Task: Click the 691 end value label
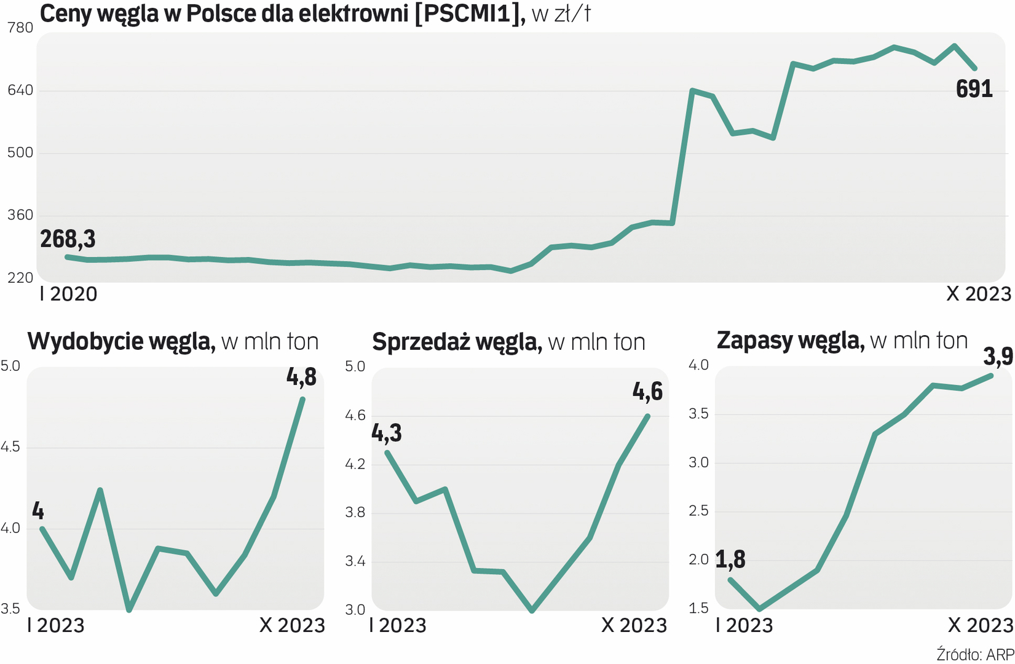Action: [974, 90]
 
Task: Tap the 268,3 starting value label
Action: [68, 239]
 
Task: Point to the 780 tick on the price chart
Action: [20, 28]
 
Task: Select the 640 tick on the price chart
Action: [20, 91]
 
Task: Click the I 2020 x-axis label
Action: [68, 294]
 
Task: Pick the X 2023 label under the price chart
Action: [978, 294]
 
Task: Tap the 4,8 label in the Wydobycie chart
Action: [301, 377]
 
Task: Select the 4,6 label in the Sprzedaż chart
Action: [647, 392]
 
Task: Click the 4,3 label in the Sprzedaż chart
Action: [387, 433]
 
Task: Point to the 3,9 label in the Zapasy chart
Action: [997, 356]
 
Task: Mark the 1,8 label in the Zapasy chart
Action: [730, 559]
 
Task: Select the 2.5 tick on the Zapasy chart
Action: [698, 511]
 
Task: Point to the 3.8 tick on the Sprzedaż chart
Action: [355, 512]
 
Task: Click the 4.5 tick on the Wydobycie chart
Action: [10, 447]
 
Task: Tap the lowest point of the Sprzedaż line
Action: [532, 610]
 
